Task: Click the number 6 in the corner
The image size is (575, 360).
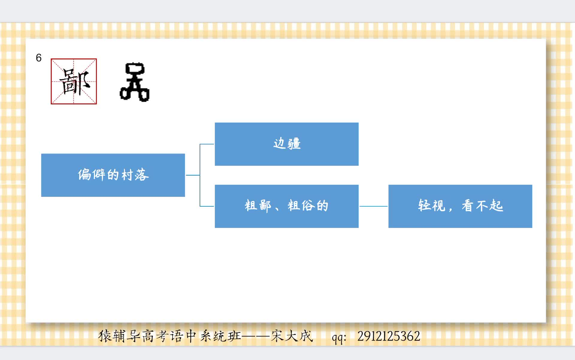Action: (x=39, y=58)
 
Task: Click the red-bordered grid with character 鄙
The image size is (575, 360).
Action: (x=74, y=81)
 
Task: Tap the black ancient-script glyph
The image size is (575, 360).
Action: (x=134, y=82)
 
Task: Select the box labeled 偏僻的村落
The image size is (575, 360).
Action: (x=113, y=175)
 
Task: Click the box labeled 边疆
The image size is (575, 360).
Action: (x=287, y=144)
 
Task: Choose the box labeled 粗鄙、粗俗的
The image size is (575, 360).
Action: (x=287, y=206)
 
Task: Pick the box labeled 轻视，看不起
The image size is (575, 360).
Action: (x=460, y=206)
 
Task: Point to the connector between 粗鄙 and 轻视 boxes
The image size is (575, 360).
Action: (x=373, y=206)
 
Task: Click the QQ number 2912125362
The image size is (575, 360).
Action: (x=388, y=336)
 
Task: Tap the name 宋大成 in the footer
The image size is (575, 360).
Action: (x=292, y=336)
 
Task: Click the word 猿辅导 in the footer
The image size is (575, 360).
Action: (x=119, y=336)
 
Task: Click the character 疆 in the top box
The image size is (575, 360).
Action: (x=294, y=144)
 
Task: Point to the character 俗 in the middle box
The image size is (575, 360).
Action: (x=308, y=206)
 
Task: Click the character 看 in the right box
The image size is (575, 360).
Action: (x=467, y=206)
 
